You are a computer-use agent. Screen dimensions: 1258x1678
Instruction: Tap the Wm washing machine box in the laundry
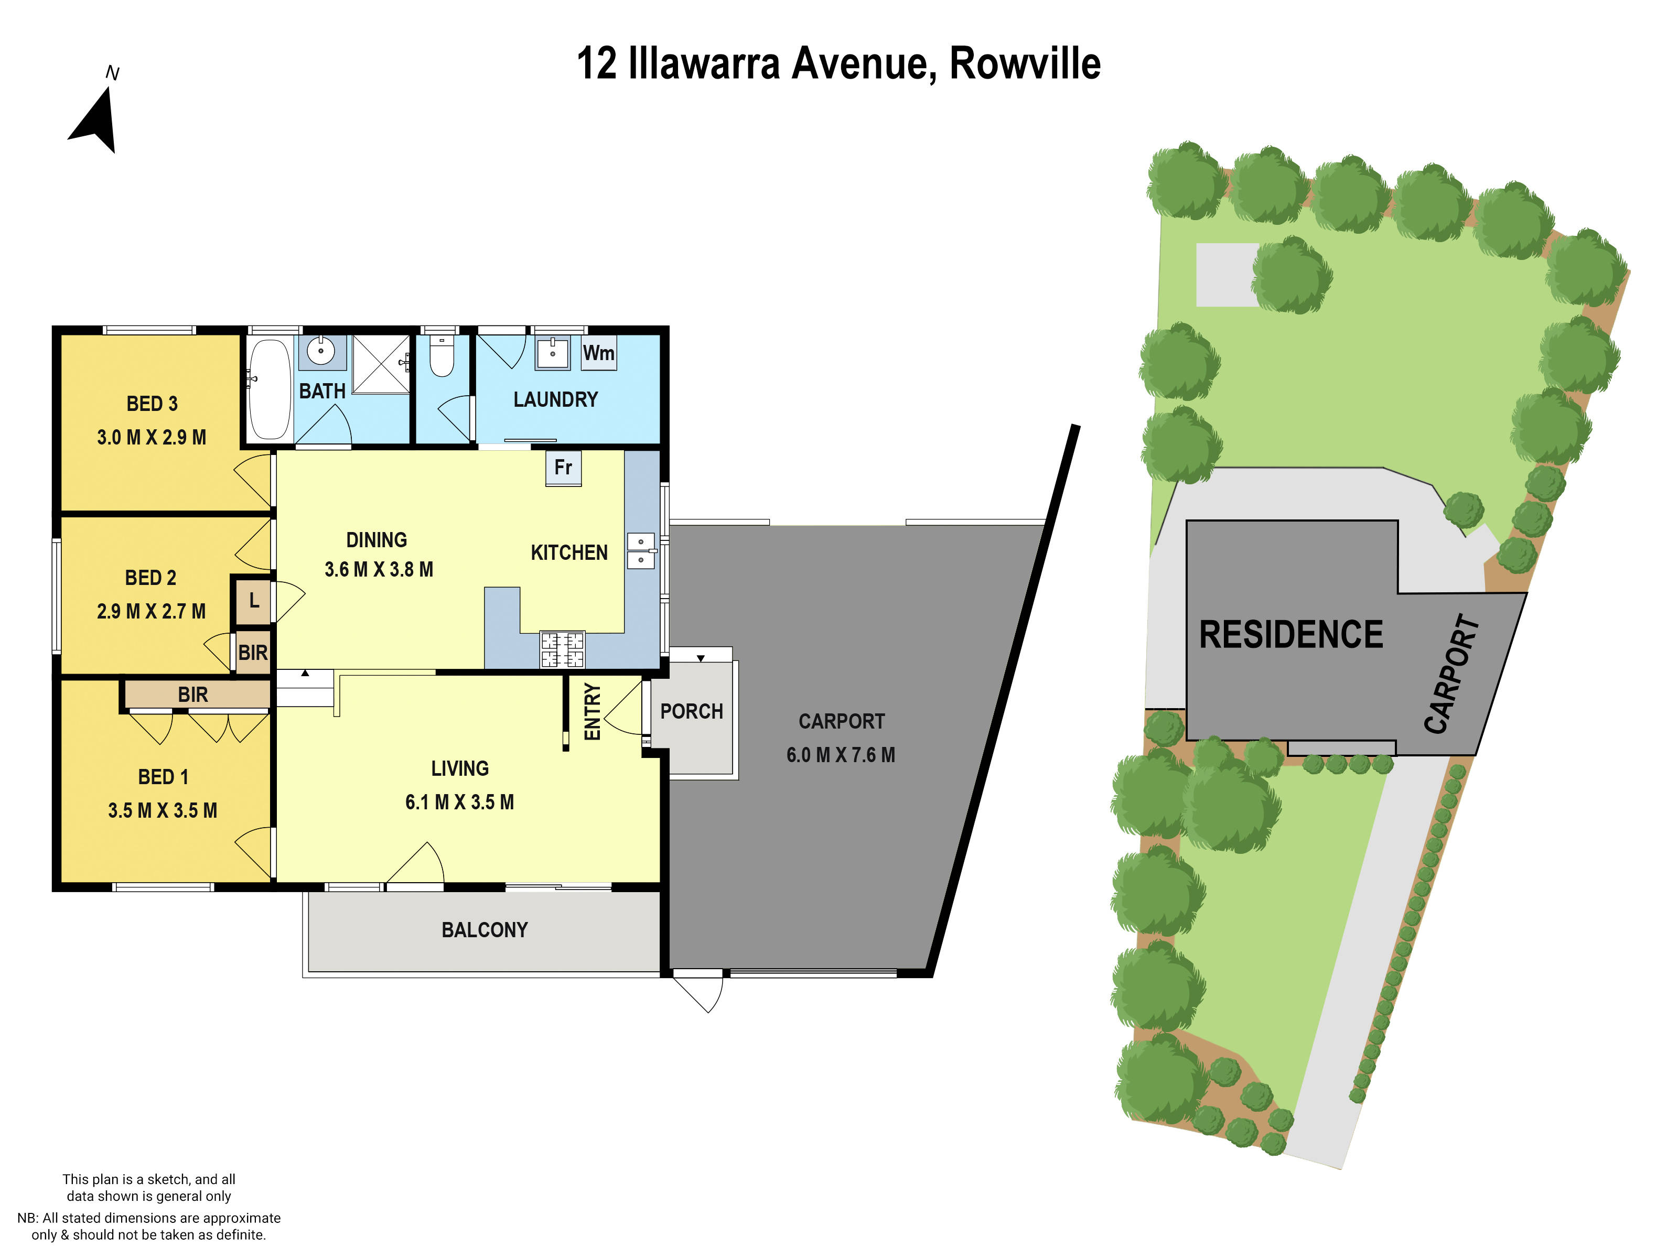[598, 353]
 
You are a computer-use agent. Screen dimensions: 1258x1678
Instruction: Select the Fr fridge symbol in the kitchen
[563, 467]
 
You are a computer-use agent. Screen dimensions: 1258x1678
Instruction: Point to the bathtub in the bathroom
[270, 389]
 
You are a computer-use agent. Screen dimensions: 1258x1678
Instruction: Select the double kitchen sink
[640, 550]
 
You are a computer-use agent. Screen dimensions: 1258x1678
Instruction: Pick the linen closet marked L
[253, 601]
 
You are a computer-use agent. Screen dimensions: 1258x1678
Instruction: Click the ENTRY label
[593, 711]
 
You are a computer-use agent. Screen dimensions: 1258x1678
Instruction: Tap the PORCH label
[691, 711]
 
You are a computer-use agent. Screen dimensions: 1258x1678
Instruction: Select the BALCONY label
[484, 930]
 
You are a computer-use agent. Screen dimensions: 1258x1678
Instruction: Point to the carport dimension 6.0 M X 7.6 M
[841, 755]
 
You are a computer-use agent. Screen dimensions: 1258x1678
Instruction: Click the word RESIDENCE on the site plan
[1290, 635]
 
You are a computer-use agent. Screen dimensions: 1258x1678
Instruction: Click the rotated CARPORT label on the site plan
[1451, 674]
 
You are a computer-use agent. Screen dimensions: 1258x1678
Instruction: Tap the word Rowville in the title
[1024, 64]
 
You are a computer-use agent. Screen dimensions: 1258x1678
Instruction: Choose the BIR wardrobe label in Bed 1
[192, 695]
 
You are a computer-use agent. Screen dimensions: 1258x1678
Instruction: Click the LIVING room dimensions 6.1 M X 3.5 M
[460, 802]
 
